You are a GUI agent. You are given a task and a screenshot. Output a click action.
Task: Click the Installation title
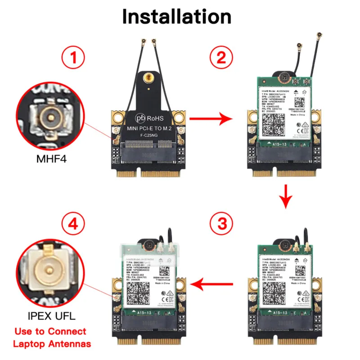[x=177, y=16]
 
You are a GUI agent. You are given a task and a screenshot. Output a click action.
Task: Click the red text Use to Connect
[x=50, y=332]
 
